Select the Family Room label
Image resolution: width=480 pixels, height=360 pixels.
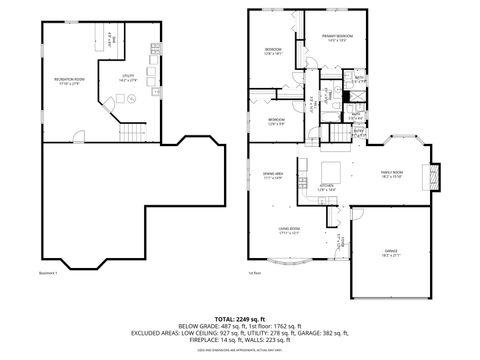pos(391,172)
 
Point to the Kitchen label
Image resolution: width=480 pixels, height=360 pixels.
pos(326,186)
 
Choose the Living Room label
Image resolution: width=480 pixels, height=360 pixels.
pos(291,230)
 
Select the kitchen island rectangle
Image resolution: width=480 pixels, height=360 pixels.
pos(328,169)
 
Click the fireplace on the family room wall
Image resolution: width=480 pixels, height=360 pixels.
pos(432,175)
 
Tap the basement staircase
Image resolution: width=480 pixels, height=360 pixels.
pos(130,132)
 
